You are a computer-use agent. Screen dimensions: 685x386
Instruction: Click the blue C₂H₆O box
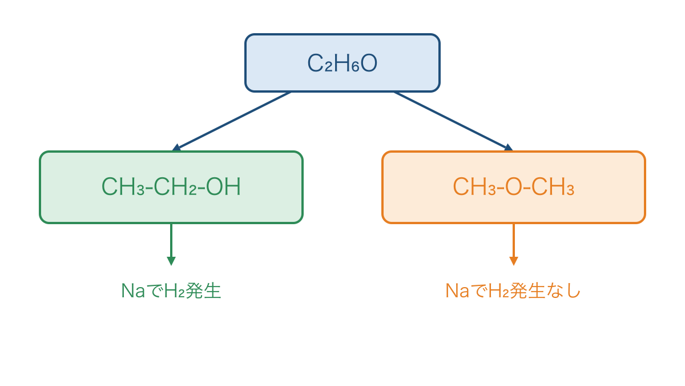pyautogui.click(x=342, y=63)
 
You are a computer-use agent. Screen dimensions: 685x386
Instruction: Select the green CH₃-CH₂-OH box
pyautogui.click(x=171, y=187)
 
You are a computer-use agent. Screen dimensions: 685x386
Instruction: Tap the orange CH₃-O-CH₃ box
pyautogui.click(x=514, y=187)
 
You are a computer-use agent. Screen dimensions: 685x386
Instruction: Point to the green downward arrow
pyautogui.click(x=171, y=245)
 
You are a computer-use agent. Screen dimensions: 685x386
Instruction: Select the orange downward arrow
pyautogui.click(x=514, y=245)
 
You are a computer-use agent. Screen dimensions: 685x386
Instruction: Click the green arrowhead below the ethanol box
pyautogui.click(x=171, y=261)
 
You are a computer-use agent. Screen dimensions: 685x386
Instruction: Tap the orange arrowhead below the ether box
pyautogui.click(x=514, y=261)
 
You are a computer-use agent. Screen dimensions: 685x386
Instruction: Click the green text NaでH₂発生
pyautogui.click(x=171, y=291)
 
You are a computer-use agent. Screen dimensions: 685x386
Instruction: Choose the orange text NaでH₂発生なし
pyautogui.click(x=513, y=291)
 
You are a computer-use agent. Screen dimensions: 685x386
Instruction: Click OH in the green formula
pyautogui.click(x=223, y=186)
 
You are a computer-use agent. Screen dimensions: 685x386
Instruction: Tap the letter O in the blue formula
pyautogui.click(x=369, y=63)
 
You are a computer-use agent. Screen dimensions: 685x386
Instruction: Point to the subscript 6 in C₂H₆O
pyautogui.click(x=355, y=67)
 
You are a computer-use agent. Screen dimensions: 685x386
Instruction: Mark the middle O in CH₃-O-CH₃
pyautogui.click(x=514, y=186)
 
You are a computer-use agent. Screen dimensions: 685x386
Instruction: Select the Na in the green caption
pyautogui.click(x=133, y=291)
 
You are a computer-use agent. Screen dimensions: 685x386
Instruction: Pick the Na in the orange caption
pyautogui.click(x=457, y=291)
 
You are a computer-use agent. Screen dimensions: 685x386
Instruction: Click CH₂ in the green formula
pyautogui.click(x=175, y=186)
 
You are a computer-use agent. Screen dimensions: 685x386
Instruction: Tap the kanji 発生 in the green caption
pyautogui.click(x=203, y=291)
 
